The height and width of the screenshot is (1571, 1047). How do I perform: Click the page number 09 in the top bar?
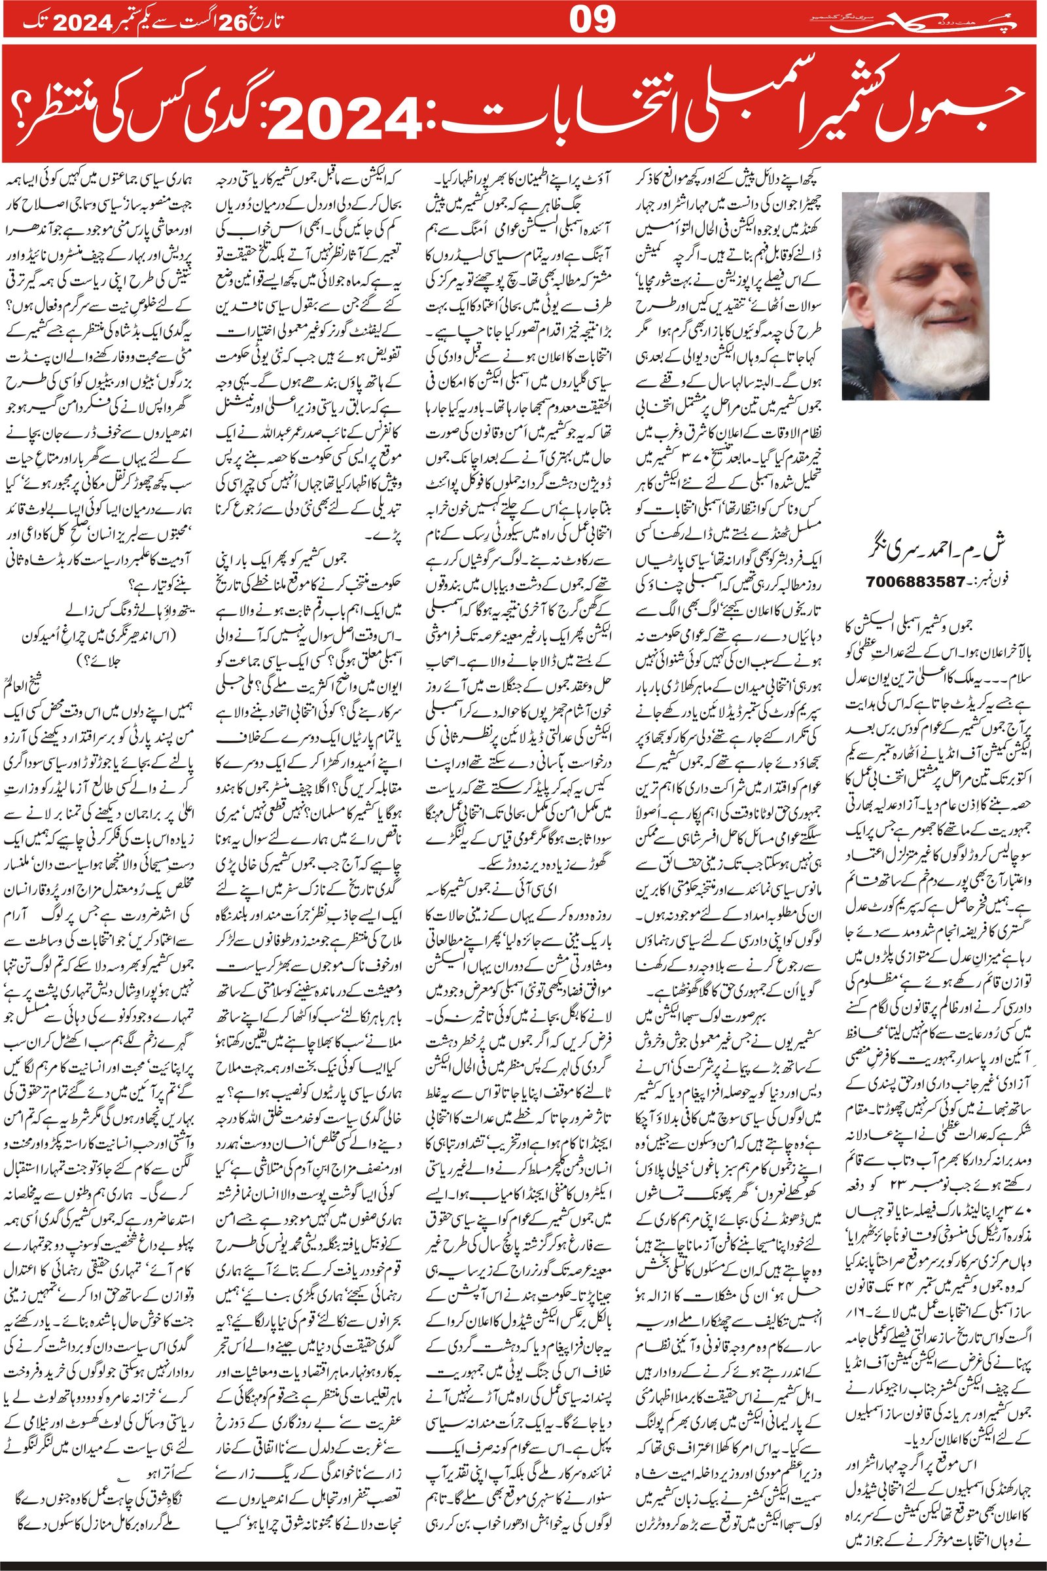[x=592, y=20]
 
